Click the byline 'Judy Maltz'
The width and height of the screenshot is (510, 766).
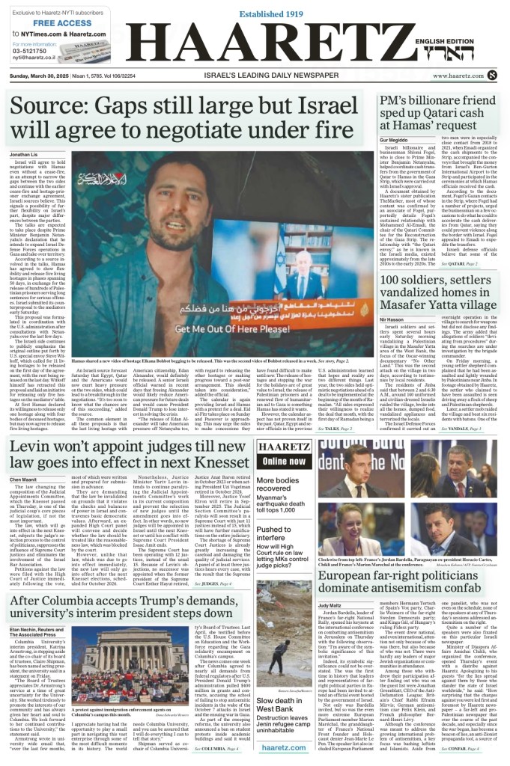330,604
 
